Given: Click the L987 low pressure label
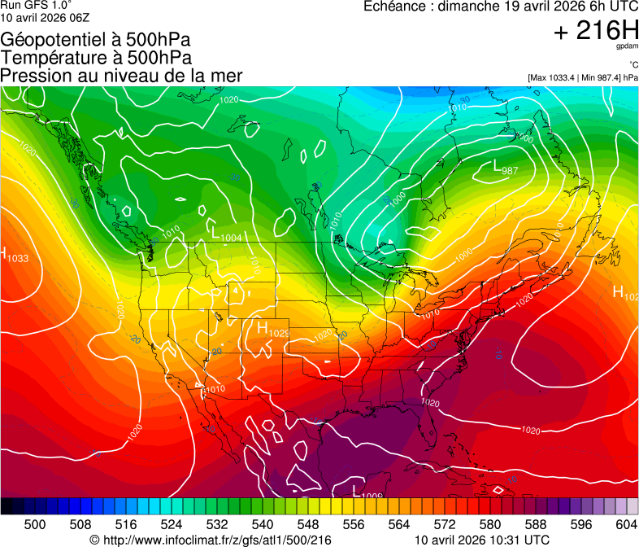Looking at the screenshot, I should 506,168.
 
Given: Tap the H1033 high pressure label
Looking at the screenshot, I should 14,255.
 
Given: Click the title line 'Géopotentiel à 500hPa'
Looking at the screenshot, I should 96,40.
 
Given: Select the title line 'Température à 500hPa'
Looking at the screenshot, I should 96,58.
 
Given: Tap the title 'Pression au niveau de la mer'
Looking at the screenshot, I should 122,76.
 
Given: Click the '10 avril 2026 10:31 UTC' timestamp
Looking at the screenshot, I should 481,539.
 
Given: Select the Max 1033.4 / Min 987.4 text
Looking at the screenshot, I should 583,77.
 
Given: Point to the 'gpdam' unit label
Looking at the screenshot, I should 628,46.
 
